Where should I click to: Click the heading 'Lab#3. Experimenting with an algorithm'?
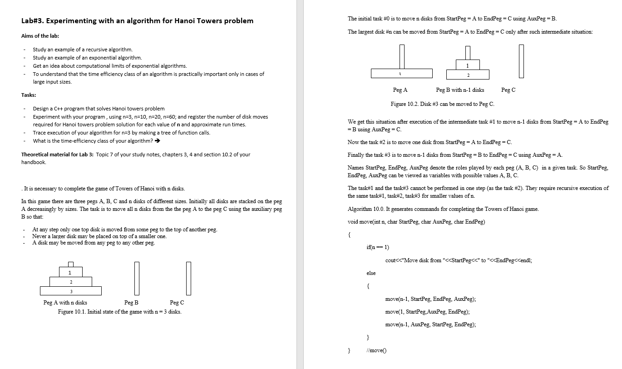pos(137,21)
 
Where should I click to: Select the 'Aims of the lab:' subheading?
pos(40,36)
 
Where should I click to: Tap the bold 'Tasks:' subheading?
pos(29,95)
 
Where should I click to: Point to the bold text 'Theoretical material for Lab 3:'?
pos(58,155)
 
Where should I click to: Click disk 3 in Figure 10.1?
pos(71,291)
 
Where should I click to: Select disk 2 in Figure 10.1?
pos(71,282)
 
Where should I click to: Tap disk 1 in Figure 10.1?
pos(70,273)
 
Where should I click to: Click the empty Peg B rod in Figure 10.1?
pos(135,278)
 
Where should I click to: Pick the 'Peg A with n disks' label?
pos(65,303)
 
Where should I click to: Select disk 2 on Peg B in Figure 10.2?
pos(468,75)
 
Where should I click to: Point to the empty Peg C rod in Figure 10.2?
pos(521,61)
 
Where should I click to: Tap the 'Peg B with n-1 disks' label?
pos(460,90)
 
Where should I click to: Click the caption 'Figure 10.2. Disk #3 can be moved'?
pos(442,104)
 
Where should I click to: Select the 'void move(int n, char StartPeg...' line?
pos(416,222)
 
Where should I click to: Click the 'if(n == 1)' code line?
pos(377,247)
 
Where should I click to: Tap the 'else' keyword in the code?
pos(371,273)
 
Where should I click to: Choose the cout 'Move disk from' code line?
pos(459,260)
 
